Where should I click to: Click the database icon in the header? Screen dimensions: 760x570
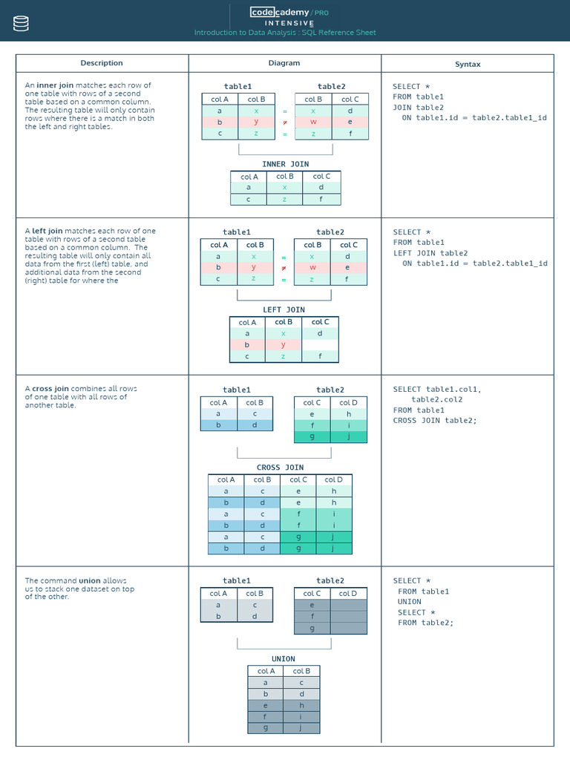click(x=21, y=24)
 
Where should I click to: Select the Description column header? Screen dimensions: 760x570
click(x=102, y=63)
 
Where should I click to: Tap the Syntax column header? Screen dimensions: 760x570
click(x=468, y=64)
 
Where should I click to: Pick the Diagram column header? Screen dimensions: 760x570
click(x=284, y=63)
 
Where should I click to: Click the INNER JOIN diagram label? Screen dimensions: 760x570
click(x=285, y=164)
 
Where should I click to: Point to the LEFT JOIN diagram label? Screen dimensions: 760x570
click(x=284, y=309)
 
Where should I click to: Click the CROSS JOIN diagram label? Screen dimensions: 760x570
click(x=280, y=468)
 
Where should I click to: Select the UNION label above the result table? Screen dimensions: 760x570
click(x=284, y=658)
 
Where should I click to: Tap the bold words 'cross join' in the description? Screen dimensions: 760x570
click(x=50, y=388)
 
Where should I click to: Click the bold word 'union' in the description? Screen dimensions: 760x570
click(x=90, y=580)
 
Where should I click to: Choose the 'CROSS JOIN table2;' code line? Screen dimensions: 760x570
click(x=434, y=421)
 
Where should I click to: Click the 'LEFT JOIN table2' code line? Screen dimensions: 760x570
click(x=430, y=253)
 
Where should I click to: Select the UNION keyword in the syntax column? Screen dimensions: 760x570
click(x=409, y=602)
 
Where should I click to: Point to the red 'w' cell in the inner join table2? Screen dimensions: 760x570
click(x=313, y=122)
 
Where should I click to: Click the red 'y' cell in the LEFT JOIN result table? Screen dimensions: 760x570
click(x=284, y=344)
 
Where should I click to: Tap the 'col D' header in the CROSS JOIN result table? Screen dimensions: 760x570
click(x=334, y=479)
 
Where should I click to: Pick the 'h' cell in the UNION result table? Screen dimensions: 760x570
click(x=301, y=705)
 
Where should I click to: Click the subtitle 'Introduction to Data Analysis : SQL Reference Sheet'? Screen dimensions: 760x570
click(x=285, y=33)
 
